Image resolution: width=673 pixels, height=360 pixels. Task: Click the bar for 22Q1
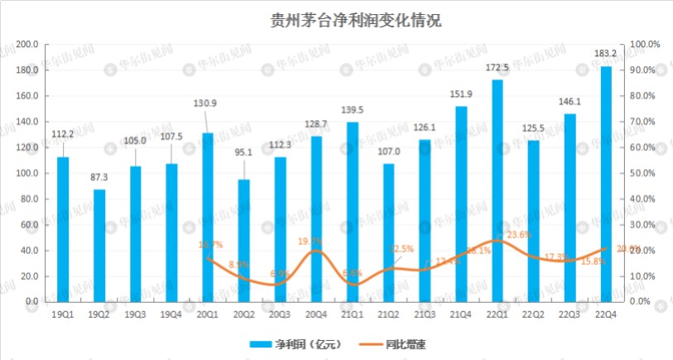497,190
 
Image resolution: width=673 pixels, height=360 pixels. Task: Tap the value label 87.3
99,177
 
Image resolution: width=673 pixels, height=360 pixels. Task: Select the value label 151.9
461,94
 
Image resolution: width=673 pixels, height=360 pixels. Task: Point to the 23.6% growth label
519,235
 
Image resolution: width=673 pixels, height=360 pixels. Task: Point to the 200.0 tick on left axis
28,44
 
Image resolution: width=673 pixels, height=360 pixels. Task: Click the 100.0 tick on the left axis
28,173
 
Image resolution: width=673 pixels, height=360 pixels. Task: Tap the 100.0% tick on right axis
645,44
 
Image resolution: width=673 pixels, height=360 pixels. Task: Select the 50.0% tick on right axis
645,173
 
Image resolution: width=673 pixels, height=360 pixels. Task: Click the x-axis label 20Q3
280,314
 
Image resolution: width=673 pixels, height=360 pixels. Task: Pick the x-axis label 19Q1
63,314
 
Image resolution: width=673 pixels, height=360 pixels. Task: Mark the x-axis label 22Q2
533,314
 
